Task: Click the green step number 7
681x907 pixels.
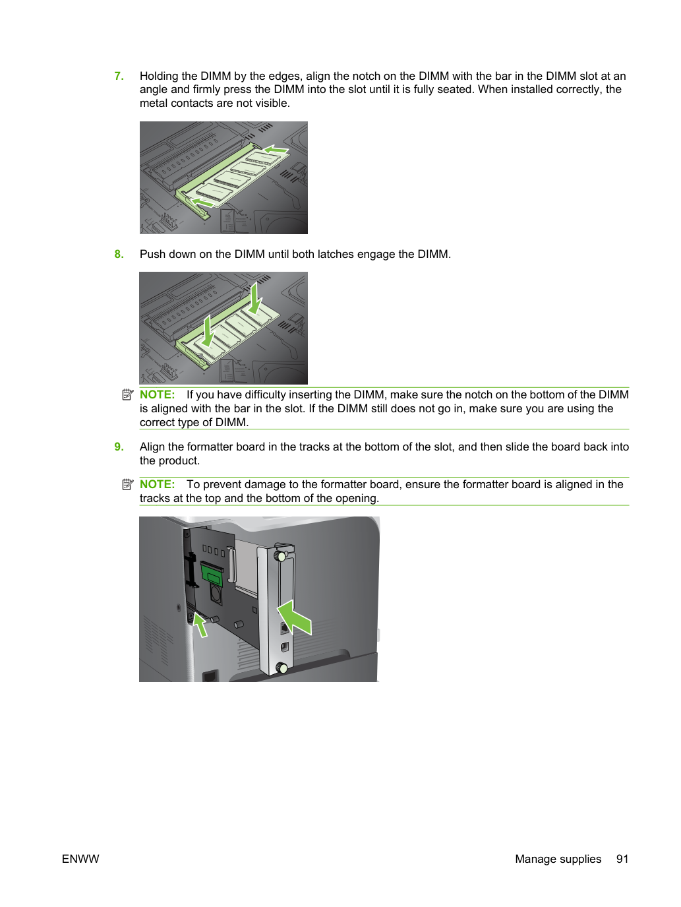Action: [x=119, y=76]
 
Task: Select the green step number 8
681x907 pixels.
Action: [x=119, y=254]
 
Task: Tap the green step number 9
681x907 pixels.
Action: [x=119, y=447]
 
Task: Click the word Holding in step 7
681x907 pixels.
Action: [x=159, y=77]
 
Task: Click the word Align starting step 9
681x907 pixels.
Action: [x=154, y=447]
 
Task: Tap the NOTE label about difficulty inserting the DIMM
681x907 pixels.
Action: [x=158, y=394]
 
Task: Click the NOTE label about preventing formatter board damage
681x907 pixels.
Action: [x=158, y=484]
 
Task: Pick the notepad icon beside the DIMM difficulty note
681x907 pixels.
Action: [x=128, y=394]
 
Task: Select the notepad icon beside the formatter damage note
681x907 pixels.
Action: [x=128, y=484]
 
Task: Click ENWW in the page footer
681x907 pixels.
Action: [x=80, y=859]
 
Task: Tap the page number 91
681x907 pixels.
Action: [x=622, y=859]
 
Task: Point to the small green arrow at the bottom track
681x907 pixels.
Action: [x=200, y=625]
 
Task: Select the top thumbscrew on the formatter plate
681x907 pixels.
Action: [x=281, y=556]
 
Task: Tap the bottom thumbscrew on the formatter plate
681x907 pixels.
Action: [x=282, y=668]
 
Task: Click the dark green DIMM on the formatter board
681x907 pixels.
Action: [x=212, y=573]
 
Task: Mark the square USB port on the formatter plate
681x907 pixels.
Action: [x=285, y=647]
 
